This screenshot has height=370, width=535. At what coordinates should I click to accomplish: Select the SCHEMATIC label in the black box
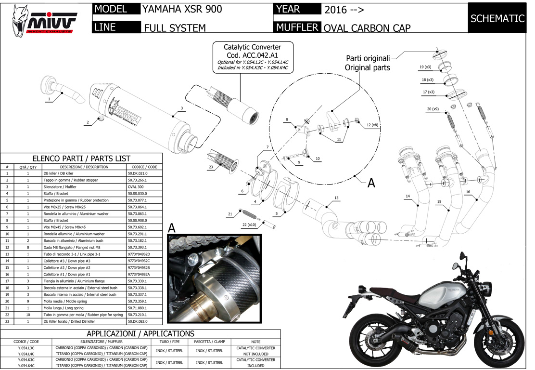click(497, 19)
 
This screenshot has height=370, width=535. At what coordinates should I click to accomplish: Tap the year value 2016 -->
click(344, 10)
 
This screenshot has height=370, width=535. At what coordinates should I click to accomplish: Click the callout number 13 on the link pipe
click(336, 198)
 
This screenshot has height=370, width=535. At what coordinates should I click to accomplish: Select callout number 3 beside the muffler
click(181, 108)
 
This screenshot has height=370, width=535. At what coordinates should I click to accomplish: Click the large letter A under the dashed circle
click(371, 183)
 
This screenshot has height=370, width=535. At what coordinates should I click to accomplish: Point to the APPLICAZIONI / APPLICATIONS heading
click(140, 333)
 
